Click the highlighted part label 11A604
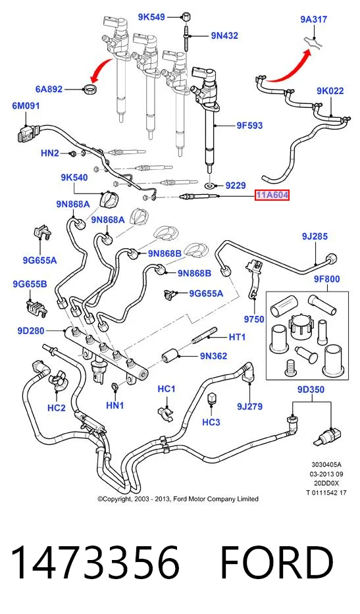pos(272,195)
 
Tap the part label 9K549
pos(151,17)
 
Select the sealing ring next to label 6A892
pos(91,88)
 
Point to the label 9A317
pos(314,19)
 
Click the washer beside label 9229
pos(211,185)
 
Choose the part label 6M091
pos(26,106)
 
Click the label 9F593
pos(249,125)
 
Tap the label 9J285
pos(315,236)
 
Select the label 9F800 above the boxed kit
pos(326,279)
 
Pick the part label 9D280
pos(31,331)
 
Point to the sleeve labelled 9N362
pos(171,355)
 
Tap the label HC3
pos(211,422)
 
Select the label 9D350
pos(311,390)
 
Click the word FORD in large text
pos(276,563)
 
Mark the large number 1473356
pos(95,563)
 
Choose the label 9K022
pos(330,91)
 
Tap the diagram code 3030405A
pos(326,465)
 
